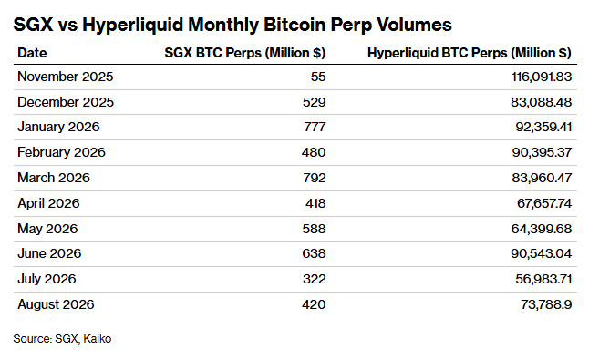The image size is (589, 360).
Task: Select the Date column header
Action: click(x=32, y=53)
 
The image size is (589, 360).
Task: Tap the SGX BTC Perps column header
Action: click(x=245, y=53)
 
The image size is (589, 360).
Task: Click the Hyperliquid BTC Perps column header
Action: click(x=470, y=53)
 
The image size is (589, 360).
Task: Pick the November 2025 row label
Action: click(x=66, y=77)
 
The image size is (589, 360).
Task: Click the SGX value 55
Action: click(x=318, y=77)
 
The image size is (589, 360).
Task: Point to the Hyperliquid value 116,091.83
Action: click(x=542, y=77)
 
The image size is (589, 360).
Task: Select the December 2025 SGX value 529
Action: click(x=314, y=102)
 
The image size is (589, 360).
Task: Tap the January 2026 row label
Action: click(x=58, y=127)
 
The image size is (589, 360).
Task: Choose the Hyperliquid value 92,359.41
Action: click(x=543, y=127)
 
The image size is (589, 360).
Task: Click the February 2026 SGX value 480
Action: click(x=314, y=152)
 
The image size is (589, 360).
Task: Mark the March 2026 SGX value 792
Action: click(x=315, y=178)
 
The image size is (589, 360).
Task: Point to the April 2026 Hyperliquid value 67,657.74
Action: click(x=544, y=203)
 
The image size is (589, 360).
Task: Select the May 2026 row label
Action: click(x=47, y=229)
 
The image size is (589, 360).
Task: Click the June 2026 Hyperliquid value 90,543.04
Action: click(x=541, y=253)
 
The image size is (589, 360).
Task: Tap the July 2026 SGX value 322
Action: click(x=314, y=279)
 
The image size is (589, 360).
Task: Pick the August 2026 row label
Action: click(x=56, y=304)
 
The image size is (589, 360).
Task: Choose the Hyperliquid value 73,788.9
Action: click(x=546, y=304)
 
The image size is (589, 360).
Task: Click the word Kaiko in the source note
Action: click(x=98, y=339)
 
